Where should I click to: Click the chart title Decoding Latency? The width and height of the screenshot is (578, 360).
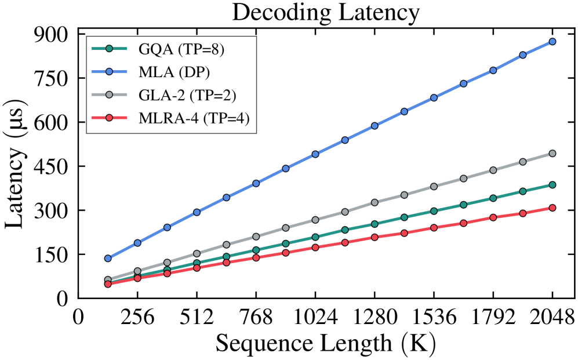[x=326, y=13]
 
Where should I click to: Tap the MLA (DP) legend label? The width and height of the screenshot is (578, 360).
[x=174, y=72]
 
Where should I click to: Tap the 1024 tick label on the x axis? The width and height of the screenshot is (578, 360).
[x=315, y=317]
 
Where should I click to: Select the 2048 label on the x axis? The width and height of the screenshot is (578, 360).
[x=552, y=317]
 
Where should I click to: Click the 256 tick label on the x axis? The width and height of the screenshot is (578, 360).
[x=137, y=317]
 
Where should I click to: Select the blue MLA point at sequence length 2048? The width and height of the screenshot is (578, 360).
[x=552, y=42]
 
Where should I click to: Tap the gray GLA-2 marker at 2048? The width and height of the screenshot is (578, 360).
[x=552, y=153]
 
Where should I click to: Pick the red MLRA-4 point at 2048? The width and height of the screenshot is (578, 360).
[x=552, y=208]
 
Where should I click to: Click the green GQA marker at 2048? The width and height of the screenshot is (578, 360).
[x=552, y=184]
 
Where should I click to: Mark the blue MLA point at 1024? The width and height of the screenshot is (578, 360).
[x=315, y=154]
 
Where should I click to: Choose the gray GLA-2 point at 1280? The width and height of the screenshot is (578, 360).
[x=375, y=202]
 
